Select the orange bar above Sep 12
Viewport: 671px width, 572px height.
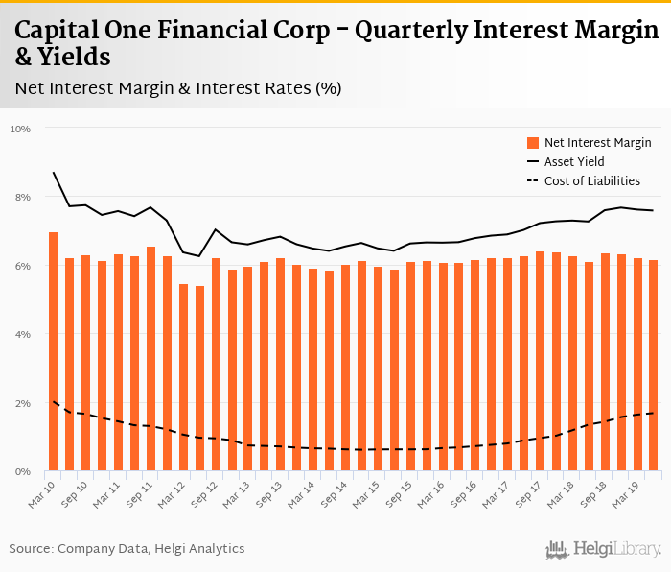click(x=216, y=365)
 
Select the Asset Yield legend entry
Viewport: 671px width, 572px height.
click(x=573, y=162)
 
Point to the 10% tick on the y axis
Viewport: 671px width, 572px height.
click(x=20, y=129)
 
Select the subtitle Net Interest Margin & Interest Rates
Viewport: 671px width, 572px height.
click(x=178, y=88)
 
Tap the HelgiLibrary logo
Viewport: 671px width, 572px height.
click(x=603, y=549)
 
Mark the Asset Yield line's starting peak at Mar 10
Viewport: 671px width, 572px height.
click(x=54, y=173)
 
